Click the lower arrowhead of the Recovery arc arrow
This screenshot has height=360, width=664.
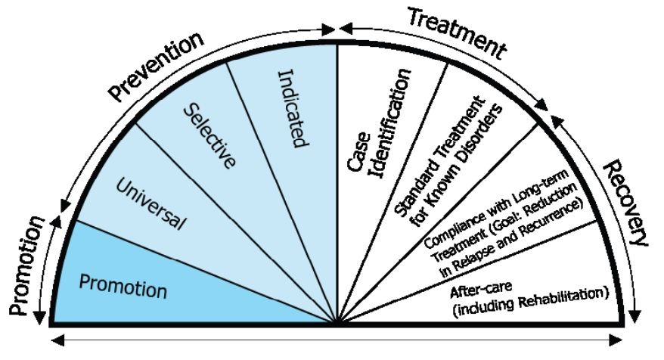635,311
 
